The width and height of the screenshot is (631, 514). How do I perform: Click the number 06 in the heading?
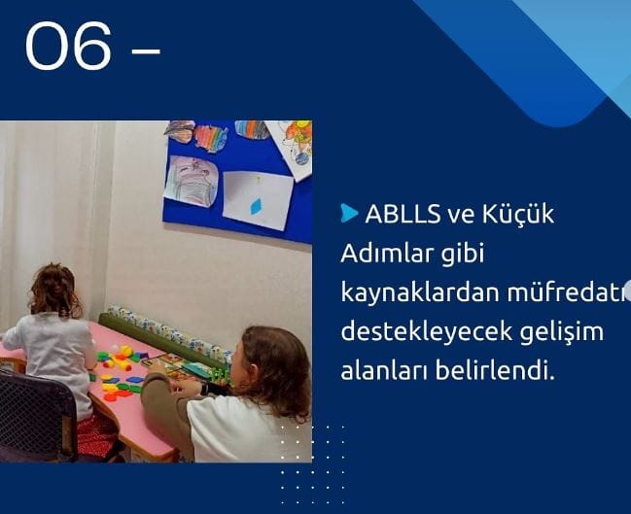coord(68,46)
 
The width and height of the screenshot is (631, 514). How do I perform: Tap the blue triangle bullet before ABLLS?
coord(349,213)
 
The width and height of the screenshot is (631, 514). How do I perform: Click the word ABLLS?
coord(403,214)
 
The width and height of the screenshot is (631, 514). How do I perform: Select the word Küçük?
coord(518,213)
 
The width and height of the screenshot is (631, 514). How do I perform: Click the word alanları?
coord(383,370)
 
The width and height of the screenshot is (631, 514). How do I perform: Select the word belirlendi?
coord(495,370)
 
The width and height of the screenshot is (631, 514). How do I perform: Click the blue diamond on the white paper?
coord(256,206)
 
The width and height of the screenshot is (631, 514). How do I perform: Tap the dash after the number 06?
coord(146,51)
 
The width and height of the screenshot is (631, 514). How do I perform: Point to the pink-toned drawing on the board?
coord(192,182)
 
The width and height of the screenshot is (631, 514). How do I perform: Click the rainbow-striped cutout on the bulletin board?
coord(211,138)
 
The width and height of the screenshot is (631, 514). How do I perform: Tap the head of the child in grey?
coord(55,290)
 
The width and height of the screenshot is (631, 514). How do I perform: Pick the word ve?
coord(461,216)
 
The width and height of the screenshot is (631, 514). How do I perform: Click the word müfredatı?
coord(568,292)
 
